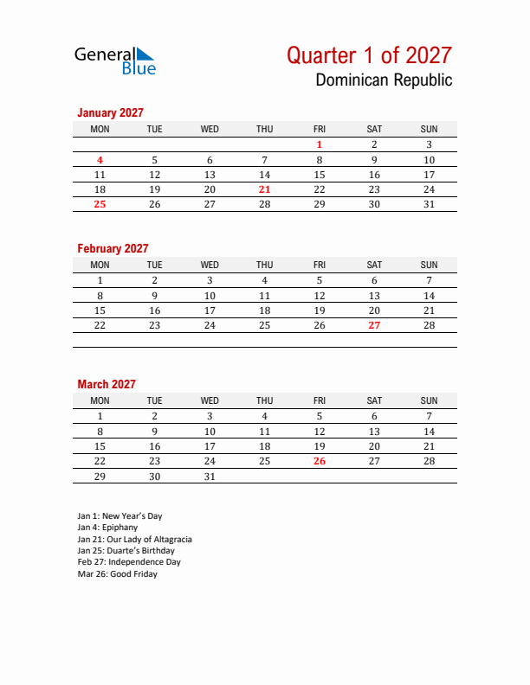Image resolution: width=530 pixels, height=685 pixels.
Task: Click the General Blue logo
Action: [x=114, y=60]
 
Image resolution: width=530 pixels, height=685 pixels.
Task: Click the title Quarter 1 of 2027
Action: [x=369, y=55]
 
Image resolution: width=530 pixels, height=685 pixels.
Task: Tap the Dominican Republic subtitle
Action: [x=384, y=80]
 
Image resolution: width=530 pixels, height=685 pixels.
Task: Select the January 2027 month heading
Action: [x=110, y=112]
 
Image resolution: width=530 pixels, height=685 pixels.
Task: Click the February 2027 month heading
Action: [x=113, y=248]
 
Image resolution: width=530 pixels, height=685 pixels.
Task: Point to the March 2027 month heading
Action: [x=107, y=384]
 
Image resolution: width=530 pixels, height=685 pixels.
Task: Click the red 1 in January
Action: [x=320, y=145]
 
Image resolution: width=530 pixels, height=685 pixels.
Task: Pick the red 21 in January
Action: [x=265, y=189]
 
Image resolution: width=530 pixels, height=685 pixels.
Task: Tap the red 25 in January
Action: [x=100, y=204]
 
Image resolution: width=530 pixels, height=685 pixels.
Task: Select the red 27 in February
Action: [x=374, y=325]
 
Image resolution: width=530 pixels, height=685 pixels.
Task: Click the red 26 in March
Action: [x=320, y=461]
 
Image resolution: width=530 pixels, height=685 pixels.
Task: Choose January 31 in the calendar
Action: [x=429, y=204]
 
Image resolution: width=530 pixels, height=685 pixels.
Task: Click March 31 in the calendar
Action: [x=210, y=476]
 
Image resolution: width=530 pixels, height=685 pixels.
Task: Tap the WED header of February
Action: [x=210, y=265]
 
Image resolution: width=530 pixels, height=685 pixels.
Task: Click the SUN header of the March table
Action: [x=429, y=400]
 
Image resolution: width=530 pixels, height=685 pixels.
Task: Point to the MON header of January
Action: [x=100, y=129]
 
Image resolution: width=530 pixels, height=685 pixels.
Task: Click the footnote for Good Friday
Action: [x=117, y=574]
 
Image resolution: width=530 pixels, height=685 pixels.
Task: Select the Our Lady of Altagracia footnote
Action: [x=134, y=539]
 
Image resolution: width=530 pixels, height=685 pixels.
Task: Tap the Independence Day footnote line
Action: [x=128, y=562]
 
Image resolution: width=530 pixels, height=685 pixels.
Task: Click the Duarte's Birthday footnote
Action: [x=126, y=551]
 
